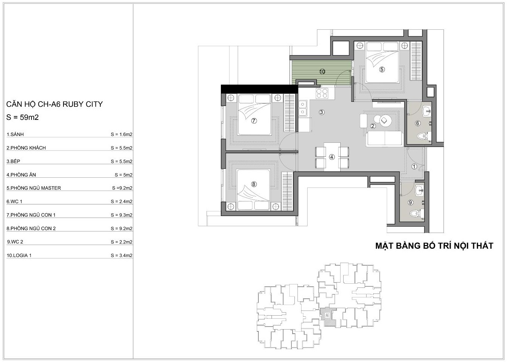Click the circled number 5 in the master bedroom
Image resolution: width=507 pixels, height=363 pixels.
click(x=382, y=69)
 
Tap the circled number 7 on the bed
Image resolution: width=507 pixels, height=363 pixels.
click(x=254, y=121)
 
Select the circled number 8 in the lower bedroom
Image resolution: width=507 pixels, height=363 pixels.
click(x=253, y=184)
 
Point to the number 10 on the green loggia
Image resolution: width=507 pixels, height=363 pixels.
click(x=322, y=71)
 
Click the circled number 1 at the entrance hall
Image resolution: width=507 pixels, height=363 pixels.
click(x=414, y=166)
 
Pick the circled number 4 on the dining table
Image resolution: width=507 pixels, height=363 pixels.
click(x=332, y=157)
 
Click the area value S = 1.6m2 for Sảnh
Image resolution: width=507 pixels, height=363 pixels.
click(x=122, y=134)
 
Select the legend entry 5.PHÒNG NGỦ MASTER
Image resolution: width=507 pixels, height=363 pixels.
click(x=34, y=188)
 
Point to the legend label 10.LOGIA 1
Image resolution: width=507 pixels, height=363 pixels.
click(x=19, y=255)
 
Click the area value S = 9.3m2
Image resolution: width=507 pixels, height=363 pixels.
click(x=122, y=215)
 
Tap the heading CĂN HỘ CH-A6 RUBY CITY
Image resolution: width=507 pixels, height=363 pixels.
click(x=54, y=104)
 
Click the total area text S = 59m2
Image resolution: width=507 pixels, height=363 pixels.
click(x=23, y=117)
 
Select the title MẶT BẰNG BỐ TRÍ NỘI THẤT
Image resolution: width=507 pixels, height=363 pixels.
click(x=435, y=246)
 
